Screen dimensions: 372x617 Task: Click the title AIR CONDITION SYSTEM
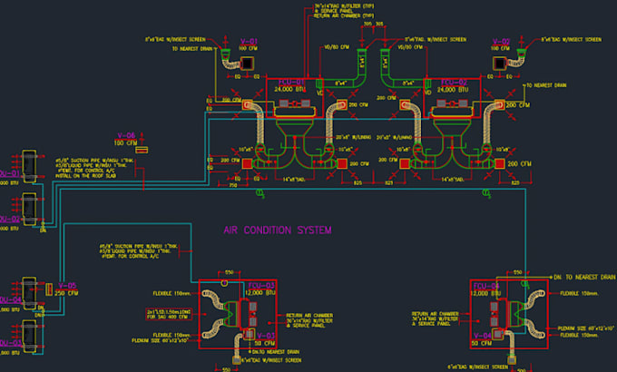pos(277,230)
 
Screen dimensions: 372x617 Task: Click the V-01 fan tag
pos(250,42)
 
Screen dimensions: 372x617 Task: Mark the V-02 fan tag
pos(502,42)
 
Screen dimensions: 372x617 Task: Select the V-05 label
pos(67,285)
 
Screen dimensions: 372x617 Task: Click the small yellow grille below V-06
pos(141,151)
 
